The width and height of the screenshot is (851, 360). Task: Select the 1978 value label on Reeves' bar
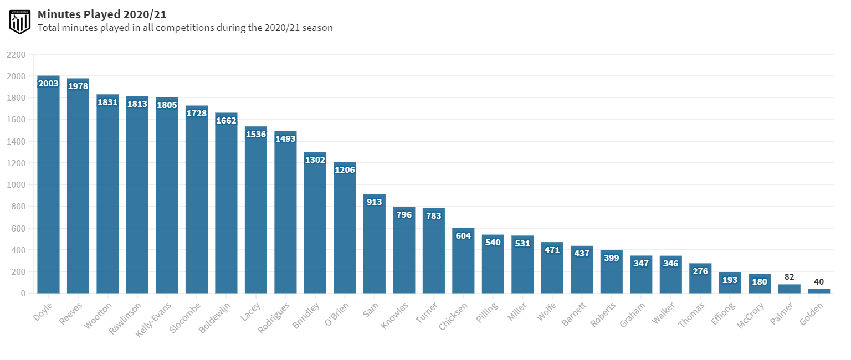coord(78,86)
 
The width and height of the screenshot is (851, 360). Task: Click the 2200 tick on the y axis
coord(16,54)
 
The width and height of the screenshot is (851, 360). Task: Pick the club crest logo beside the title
coord(19,21)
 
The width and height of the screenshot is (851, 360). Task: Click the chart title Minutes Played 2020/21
coord(102,14)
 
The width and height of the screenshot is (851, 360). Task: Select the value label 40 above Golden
coord(819,282)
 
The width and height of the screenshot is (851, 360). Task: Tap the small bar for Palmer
coord(789,289)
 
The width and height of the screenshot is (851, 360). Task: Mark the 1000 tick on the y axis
coord(16,184)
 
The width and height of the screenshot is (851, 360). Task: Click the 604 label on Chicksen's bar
coord(463,236)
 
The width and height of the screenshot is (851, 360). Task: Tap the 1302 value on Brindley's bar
coord(315,160)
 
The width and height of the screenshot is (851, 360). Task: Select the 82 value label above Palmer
coord(789,276)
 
